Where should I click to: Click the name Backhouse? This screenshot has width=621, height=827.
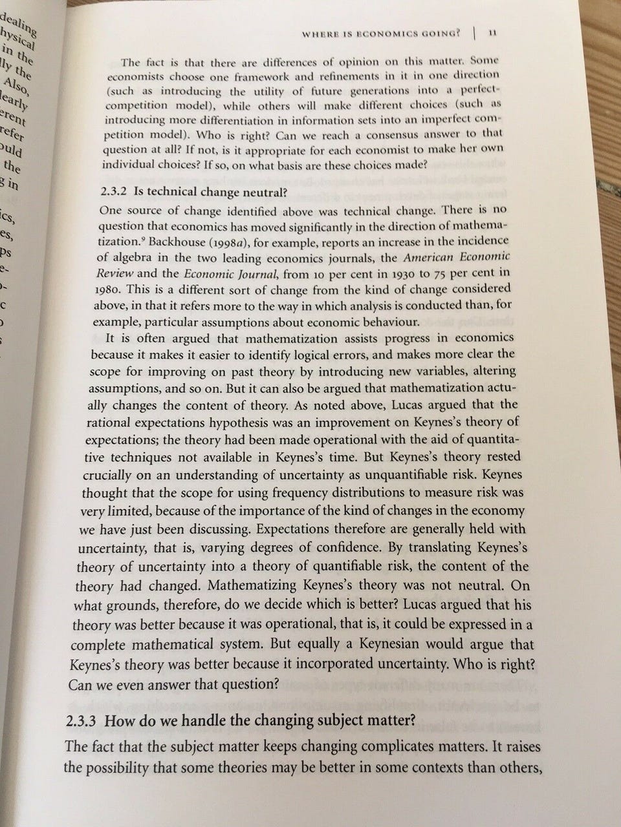pyautogui.click(x=172, y=240)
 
